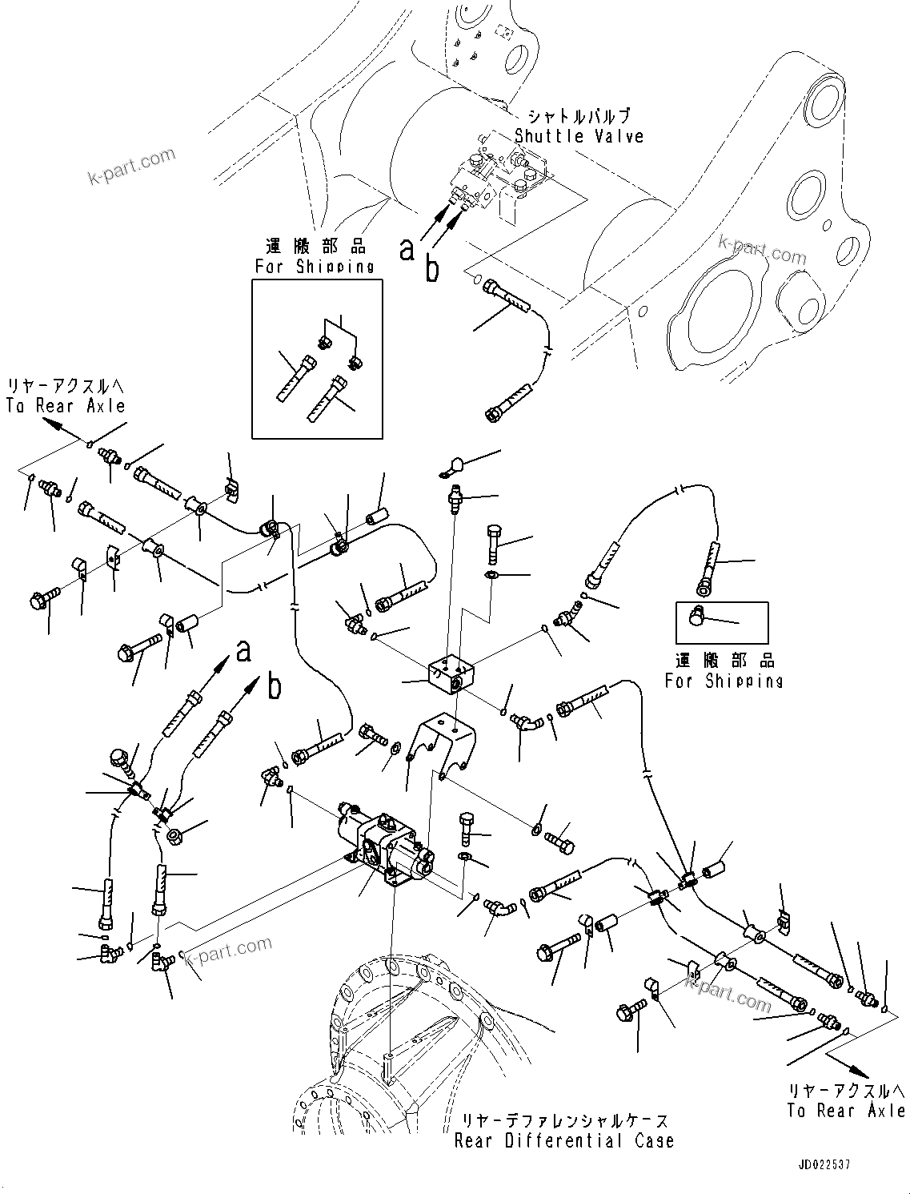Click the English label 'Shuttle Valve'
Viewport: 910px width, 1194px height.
(579, 136)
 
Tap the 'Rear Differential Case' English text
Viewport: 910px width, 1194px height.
(564, 1140)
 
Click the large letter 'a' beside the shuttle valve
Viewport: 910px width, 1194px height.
(407, 250)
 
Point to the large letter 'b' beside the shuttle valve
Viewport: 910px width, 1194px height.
(432, 271)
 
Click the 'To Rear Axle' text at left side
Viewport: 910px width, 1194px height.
(66, 406)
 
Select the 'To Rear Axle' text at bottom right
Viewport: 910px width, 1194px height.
(846, 1111)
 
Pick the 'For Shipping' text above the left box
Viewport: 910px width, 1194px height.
(315, 267)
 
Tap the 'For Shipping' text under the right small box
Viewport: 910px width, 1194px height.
(724, 681)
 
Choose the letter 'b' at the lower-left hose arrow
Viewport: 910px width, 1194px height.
(275, 686)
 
